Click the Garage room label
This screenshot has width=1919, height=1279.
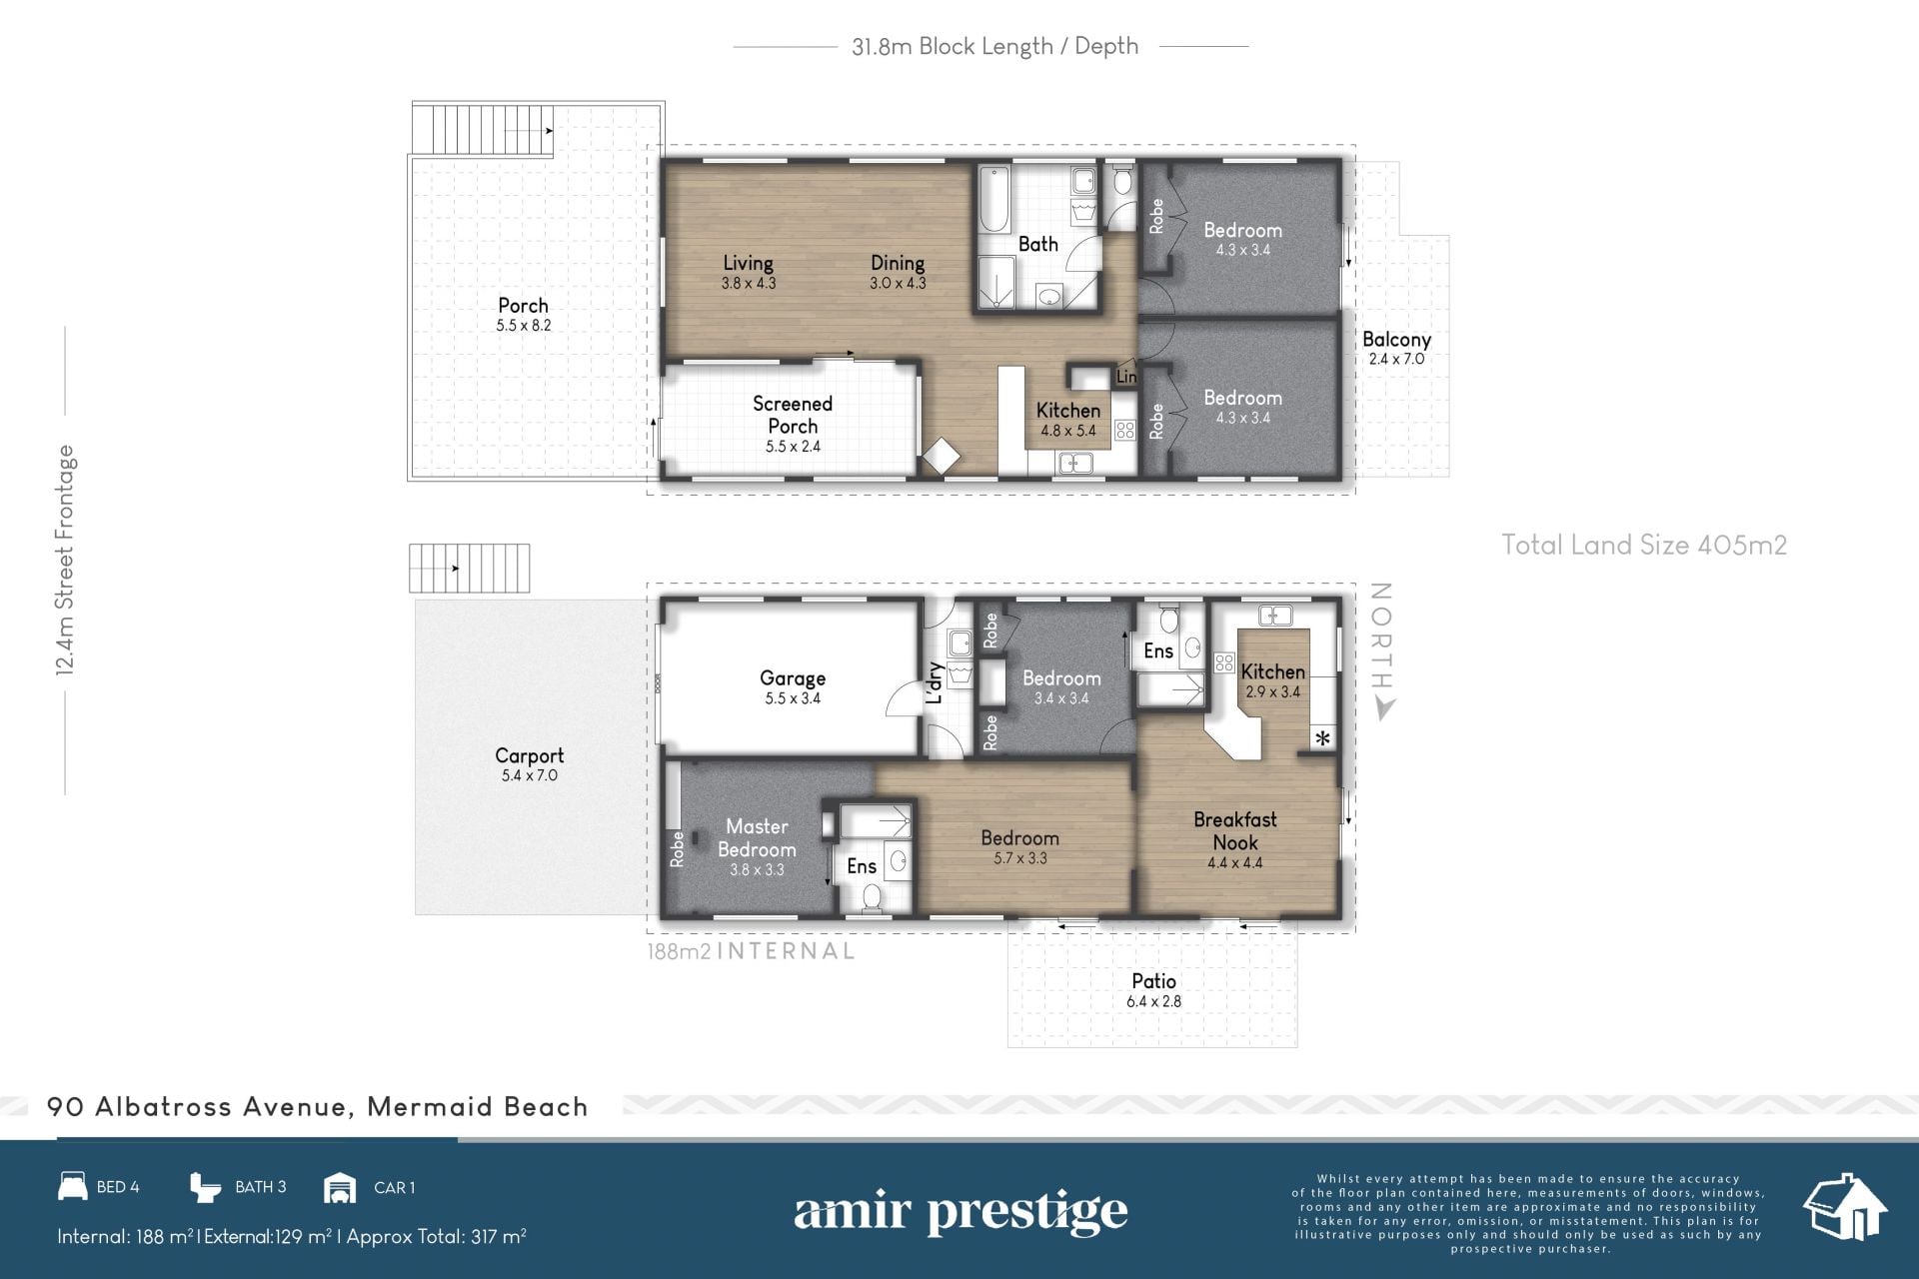[793, 678]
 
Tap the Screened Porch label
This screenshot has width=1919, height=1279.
[793, 415]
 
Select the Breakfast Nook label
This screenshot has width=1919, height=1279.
[1235, 830]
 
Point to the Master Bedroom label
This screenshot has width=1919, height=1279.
[757, 837]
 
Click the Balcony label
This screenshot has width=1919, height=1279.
[1396, 340]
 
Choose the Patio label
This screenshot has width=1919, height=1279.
[1153, 981]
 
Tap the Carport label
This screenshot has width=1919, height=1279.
[530, 756]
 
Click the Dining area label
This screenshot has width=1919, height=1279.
[898, 263]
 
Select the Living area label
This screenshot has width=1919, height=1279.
[748, 263]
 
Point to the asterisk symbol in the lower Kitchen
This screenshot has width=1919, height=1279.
[1323, 739]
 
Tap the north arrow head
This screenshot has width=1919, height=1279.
[1383, 708]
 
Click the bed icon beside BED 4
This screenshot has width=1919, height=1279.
[73, 1186]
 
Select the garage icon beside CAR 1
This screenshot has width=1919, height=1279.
[340, 1187]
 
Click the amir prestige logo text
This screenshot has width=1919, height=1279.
[960, 1212]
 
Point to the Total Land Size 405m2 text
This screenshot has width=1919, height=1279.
[1644, 545]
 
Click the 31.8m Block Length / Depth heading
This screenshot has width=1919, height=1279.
[994, 46]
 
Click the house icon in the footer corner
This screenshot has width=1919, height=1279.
[1845, 1206]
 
